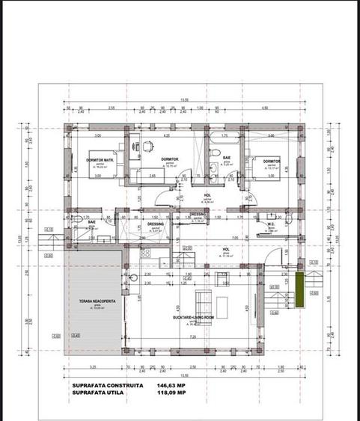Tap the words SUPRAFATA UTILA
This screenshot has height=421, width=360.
coord(96,393)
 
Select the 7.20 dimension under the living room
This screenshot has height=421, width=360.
coord(195,337)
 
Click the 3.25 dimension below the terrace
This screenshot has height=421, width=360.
coord(91,367)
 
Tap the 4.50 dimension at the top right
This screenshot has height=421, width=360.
coord(265,108)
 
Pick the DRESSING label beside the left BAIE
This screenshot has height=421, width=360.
coord(156,224)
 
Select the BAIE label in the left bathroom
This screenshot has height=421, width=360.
coord(91,222)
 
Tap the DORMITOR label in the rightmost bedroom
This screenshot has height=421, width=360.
coord(271,161)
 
